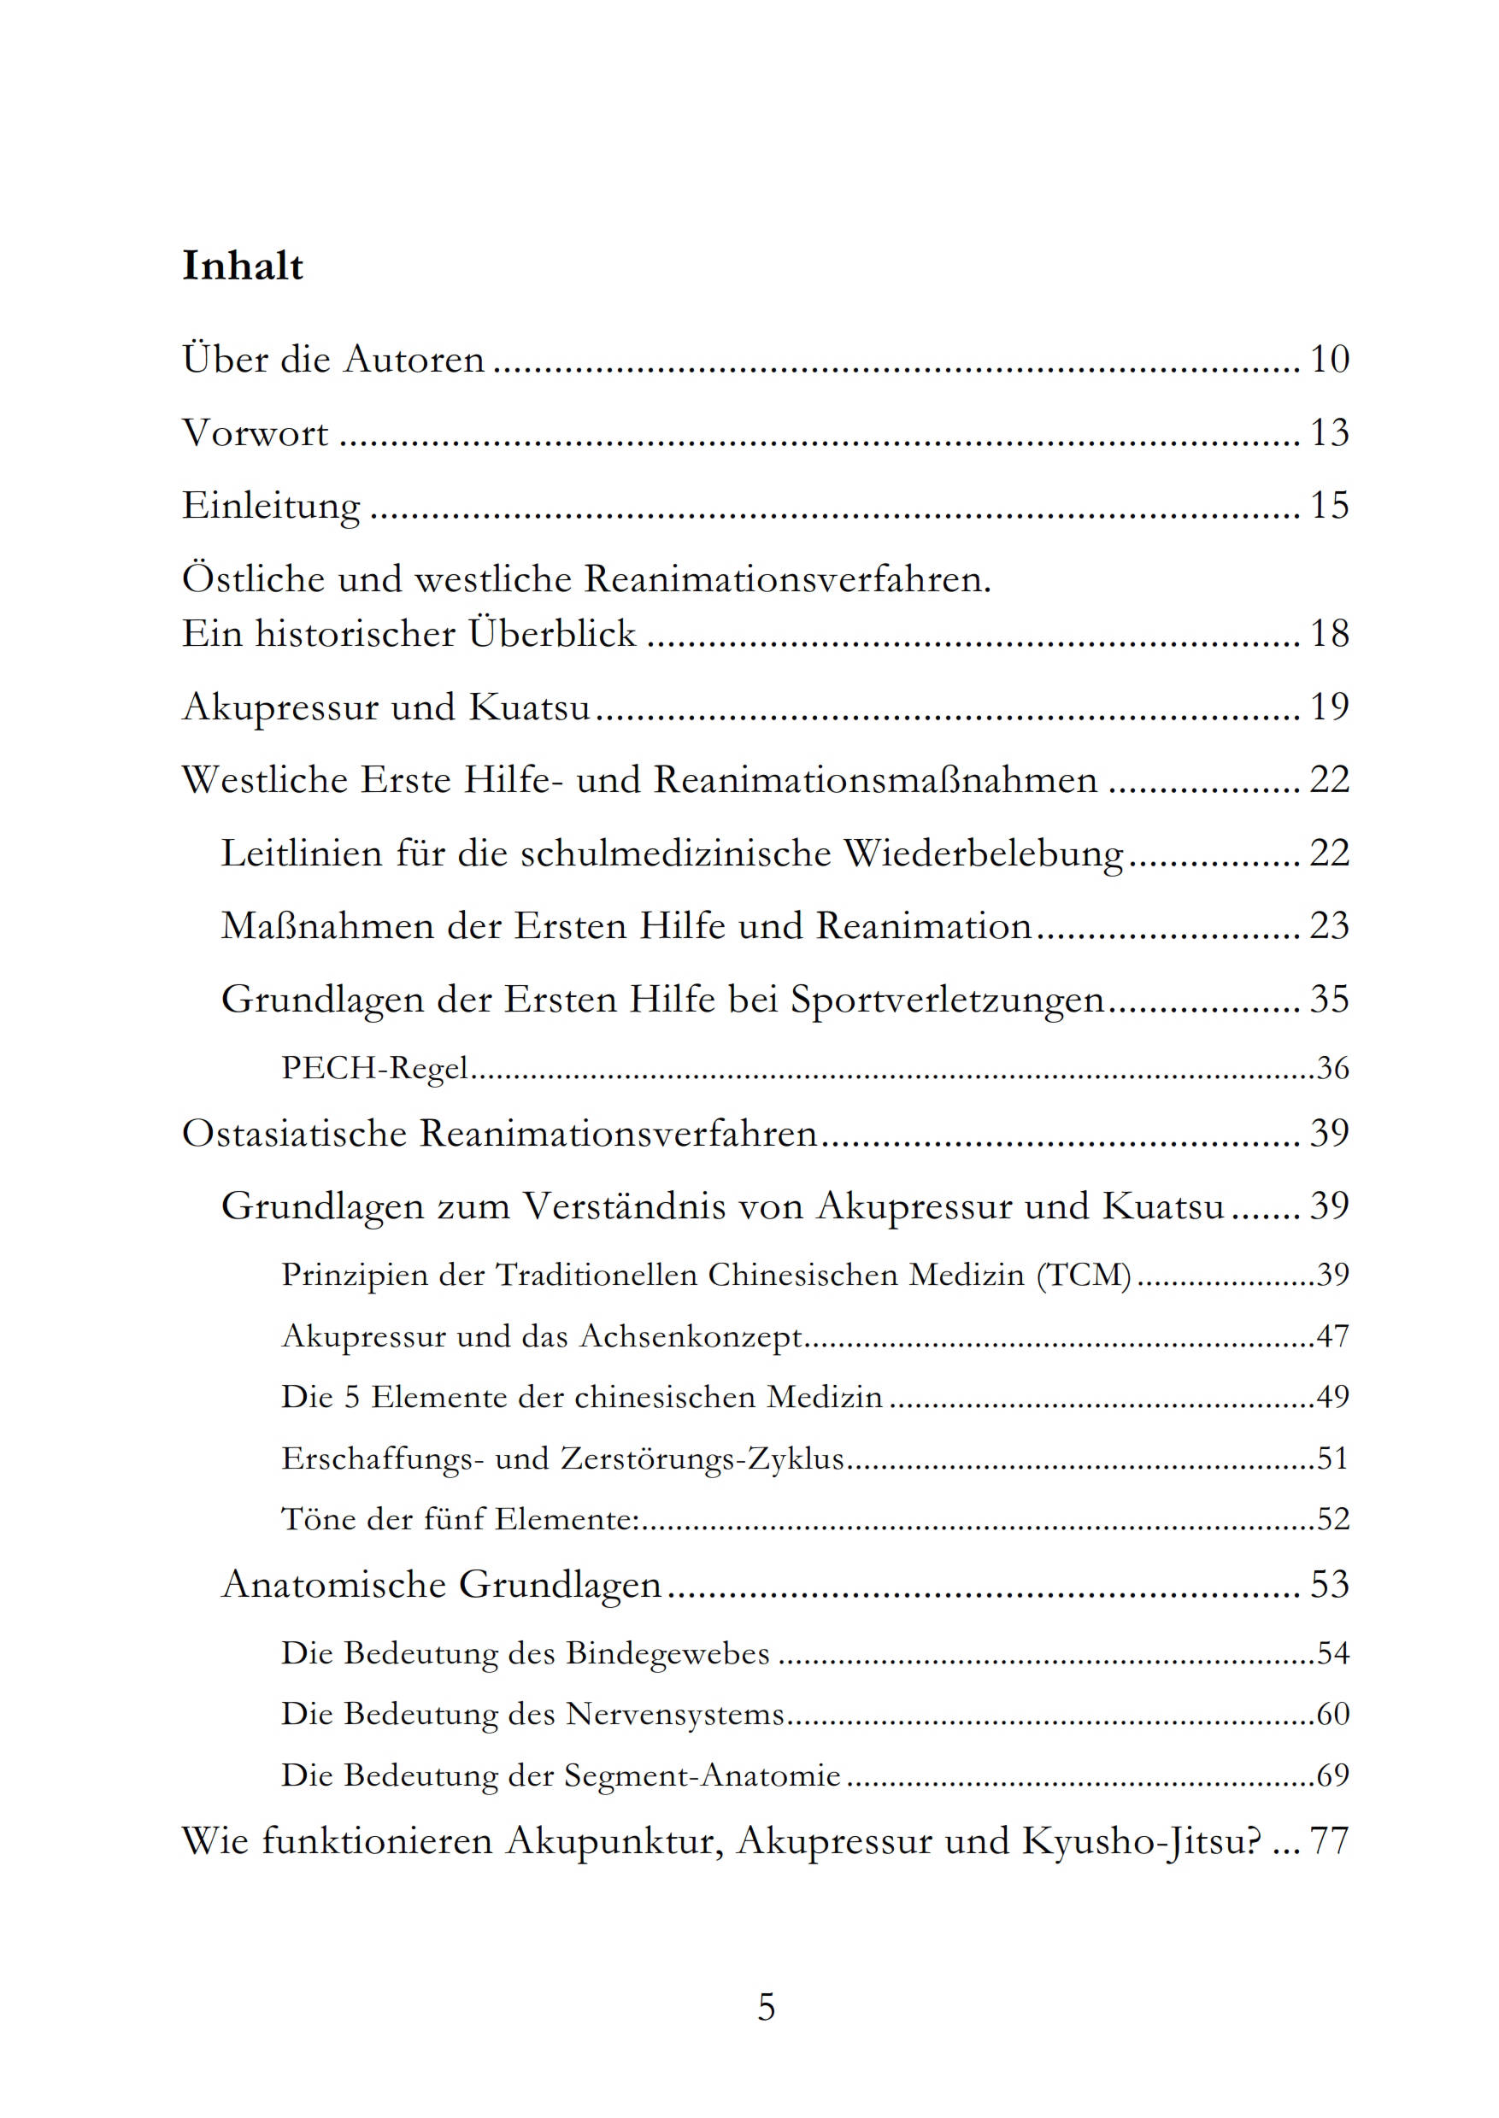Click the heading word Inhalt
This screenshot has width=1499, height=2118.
[243, 267]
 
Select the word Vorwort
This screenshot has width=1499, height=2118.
[255, 433]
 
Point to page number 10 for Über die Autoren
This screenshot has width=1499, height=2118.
[1329, 359]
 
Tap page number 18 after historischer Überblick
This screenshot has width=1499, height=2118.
[1329, 634]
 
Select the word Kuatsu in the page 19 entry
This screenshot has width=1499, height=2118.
[529, 707]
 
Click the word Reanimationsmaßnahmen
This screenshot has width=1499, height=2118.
[875, 780]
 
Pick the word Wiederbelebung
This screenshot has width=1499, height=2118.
[984, 854]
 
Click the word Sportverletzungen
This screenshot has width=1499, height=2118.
[947, 1000]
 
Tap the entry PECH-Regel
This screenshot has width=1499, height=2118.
[374, 1068]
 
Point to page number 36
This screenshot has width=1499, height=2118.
[1333, 1068]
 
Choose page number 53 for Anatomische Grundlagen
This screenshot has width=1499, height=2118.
[1329, 1584]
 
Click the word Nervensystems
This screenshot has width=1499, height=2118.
[675, 1714]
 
